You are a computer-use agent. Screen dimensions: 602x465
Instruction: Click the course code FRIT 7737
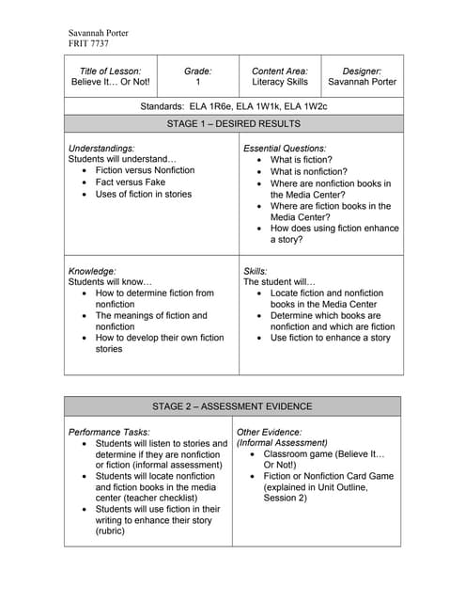point(88,44)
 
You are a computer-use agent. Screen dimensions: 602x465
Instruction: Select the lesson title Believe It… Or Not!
point(110,82)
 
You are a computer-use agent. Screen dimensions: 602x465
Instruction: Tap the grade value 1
point(197,82)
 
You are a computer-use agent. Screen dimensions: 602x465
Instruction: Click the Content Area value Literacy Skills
point(281,82)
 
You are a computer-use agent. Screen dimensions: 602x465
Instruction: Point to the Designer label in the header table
point(362,71)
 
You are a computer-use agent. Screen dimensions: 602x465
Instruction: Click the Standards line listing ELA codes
point(233,106)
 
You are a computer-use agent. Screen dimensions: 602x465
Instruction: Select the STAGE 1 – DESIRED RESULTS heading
point(233,124)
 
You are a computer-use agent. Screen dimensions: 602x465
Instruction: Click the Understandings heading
point(101,149)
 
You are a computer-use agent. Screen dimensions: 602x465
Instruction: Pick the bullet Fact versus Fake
point(130,182)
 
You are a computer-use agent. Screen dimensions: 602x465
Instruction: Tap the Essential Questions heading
point(285,149)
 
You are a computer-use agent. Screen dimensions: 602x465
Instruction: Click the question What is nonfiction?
point(308,172)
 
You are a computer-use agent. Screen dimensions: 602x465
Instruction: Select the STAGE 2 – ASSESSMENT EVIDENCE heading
point(233,406)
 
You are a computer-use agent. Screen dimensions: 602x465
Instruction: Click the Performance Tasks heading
point(107,432)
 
